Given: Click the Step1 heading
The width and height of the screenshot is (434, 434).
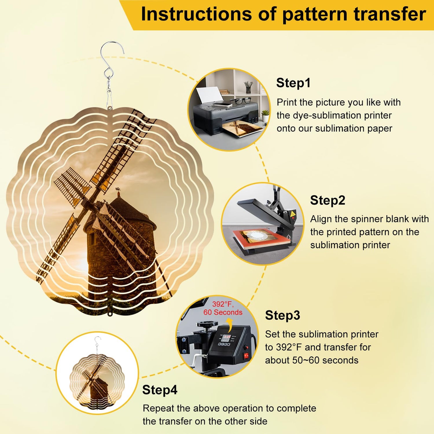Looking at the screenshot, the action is point(293,83).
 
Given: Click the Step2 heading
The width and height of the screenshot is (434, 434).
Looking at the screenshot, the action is point(328,200).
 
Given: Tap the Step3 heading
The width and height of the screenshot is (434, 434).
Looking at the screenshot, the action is point(282,315).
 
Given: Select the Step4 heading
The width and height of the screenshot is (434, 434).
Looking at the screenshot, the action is point(160,390).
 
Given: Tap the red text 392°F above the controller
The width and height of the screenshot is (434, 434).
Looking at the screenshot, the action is point(222,304).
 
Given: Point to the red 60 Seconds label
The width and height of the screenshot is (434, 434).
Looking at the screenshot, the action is point(223,312).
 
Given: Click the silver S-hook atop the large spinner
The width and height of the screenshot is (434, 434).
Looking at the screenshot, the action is point(111,59).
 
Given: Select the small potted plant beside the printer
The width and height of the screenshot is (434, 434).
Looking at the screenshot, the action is point(265,116).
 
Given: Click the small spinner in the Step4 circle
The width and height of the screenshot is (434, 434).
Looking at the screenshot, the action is point(97,373).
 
